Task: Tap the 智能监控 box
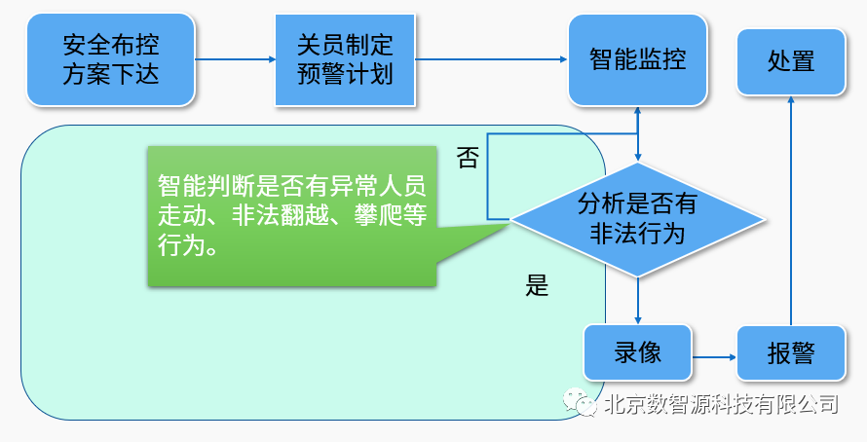coord(637,59)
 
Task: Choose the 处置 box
coord(790,60)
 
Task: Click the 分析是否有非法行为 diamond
coord(637,218)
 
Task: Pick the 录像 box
coord(637,351)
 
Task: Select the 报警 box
coord(790,352)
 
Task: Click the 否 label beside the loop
coord(468,158)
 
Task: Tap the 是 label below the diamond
coord(538,285)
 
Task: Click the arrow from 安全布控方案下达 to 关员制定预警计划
coord(236,59)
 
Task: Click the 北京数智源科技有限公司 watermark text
coord(721,403)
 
